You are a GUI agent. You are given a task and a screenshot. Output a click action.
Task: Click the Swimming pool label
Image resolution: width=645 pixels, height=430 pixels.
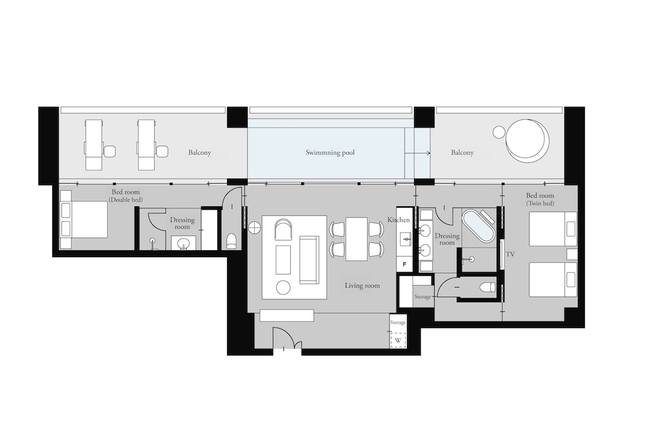[330, 153]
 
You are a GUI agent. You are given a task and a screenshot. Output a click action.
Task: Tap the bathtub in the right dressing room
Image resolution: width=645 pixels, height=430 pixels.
[477, 226]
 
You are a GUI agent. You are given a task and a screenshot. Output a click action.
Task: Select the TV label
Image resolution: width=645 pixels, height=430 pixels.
[510, 254]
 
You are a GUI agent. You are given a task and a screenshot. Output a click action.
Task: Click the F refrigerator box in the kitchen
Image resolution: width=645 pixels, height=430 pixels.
[404, 264]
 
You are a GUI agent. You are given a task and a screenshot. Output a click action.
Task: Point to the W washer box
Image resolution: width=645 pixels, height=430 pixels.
[398, 340]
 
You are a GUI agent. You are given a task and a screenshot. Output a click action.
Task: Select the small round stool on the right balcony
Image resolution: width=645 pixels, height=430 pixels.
[499, 132]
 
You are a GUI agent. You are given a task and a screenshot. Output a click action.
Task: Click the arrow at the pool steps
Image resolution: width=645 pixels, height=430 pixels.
[417, 153]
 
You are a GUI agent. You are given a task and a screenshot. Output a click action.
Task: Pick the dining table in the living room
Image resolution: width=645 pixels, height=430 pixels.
[356, 239]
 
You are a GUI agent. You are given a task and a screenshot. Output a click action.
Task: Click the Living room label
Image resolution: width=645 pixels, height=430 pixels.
[362, 286]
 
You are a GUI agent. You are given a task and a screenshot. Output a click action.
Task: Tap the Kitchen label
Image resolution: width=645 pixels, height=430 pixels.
[399, 220]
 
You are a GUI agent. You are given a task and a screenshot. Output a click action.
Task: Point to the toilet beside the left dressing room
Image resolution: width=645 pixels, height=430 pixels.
[232, 241]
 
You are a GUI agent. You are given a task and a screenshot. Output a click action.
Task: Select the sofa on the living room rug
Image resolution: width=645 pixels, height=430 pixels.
[309, 260]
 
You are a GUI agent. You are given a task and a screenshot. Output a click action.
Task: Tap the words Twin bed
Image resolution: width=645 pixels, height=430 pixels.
[540, 204]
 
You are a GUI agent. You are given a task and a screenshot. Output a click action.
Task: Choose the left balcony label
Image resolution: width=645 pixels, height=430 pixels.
[199, 153]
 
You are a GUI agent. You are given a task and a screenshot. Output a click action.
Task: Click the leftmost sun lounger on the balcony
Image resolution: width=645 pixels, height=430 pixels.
[94, 144]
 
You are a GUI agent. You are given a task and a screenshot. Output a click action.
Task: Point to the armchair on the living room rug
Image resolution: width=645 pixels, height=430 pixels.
[283, 229]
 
